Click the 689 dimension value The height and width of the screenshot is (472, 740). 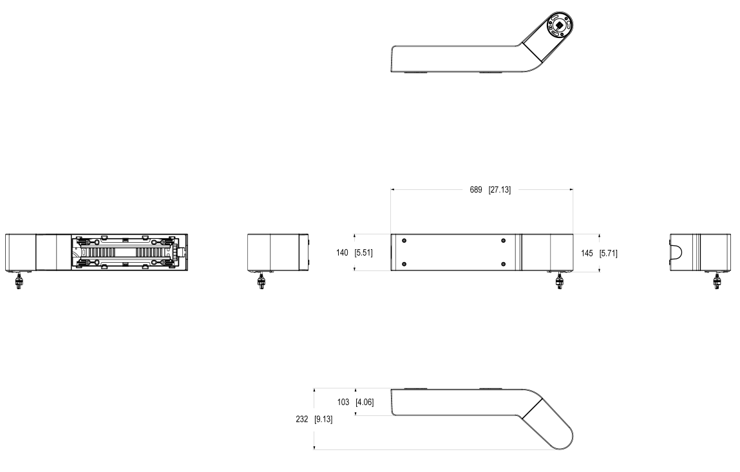click(x=476, y=190)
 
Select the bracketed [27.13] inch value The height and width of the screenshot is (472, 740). click(x=499, y=190)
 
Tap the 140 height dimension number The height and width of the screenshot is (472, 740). click(x=342, y=252)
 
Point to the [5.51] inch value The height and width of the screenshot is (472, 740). click(x=363, y=252)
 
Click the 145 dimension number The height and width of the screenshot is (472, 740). click(x=587, y=254)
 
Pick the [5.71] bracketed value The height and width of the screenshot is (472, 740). click(x=609, y=254)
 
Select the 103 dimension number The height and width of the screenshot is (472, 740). click(x=343, y=402)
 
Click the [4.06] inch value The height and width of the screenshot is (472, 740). click(x=365, y=402)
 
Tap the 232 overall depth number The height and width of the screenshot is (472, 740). click(x=301, y=419)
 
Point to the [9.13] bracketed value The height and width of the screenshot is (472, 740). click(x=323, y=419)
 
